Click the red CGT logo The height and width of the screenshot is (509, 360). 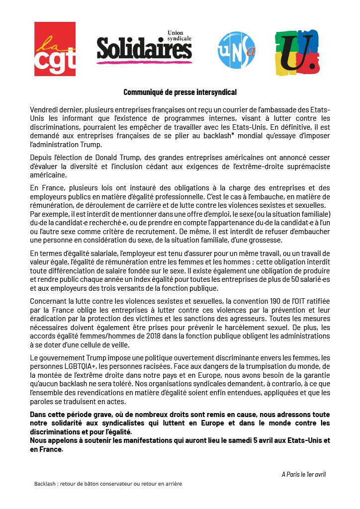(x=55, y=48)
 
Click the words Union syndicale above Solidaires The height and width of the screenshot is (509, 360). (x=179, y=35)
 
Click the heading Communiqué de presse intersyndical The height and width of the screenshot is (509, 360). (x=180, y=92)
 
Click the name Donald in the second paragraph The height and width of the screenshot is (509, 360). (x=102, y=158)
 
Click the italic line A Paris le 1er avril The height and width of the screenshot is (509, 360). (x=303, y=474)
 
